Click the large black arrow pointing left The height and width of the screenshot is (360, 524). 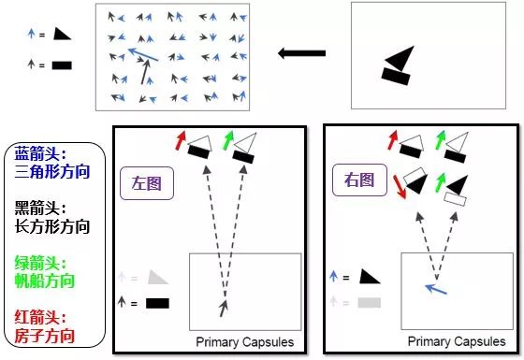[x=301, y=53]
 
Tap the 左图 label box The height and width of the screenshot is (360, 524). [x=147, y=183]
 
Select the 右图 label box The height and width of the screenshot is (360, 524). [x=359, y=180]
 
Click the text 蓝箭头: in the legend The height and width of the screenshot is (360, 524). [x=40, y=154]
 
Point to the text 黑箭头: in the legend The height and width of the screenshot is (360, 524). [x=40, y=208]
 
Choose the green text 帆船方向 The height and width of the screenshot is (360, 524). [x=45, y=281]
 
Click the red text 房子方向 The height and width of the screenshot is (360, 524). [x=45, y=336]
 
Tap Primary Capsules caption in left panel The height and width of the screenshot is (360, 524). [x=245, y=342]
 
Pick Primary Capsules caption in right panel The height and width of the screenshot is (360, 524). [x=457, y=341]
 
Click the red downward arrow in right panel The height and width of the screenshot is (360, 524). [x=400, y=187]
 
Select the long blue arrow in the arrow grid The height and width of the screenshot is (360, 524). [x=143, y=54]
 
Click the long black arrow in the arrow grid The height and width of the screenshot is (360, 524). [x=145, y=72]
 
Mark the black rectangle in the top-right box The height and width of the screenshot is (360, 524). [x=396, y=76]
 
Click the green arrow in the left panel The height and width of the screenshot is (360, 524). [x=228, y=140]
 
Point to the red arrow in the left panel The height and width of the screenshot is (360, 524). [x=181, y=140]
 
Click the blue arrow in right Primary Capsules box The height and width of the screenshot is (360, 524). [x=436, y=289]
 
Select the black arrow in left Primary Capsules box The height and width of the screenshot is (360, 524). [x=224, y=309]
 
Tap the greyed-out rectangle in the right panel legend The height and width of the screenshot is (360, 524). [x=370, y=303]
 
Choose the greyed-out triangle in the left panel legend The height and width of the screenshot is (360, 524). [x=156, y=278]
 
